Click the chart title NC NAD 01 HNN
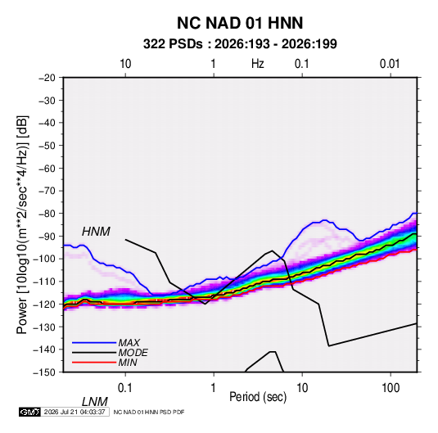click(x=240, y=23)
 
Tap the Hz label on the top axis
click(x=258, y=64)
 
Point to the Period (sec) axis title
click(x=258, y=397)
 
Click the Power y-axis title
click(x=22, y=225)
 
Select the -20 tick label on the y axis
click(x=47, y=78)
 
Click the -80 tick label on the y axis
click(x=47, y=214)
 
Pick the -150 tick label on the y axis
click(x=44, y=372)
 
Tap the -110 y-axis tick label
click(x=44, y=282)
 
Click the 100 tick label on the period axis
click(x=391, y=388)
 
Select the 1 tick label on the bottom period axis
click(x=214, y=388)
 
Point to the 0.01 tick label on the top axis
click(x=390, y=64)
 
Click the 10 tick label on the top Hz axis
click(x=125, y=64)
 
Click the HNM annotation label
click(x=96, y=232)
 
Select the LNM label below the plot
click(x=95, y=402)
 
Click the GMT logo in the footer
click(x=29, y=412)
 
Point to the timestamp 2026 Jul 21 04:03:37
click(x=75, y=412)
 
